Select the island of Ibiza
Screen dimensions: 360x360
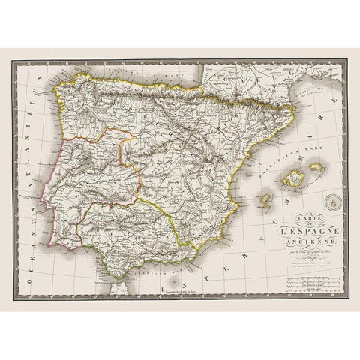(x=263, y=200)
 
